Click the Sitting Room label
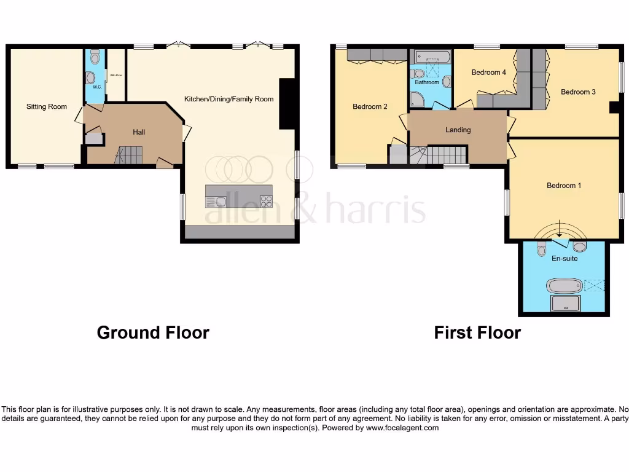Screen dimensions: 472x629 pyautogui.click(x=46, y=107)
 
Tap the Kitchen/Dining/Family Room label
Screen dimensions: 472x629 pyautogui.click(x=229, y=99)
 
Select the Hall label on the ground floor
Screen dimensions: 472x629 pyautogui.click(x=139, y=132)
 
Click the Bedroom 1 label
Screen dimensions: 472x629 pyautogui.click(x=564, y=186)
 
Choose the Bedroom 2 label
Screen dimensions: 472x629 pyautogui.click(x=370, y=107)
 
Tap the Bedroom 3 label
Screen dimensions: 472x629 pyautogui.click(x=578, y=92)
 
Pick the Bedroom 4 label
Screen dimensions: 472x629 pyautogui.click(x=488, y=73)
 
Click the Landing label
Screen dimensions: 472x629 pyautogui.click(x=458, y=130)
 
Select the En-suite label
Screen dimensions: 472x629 pyautogui.click(x=564, y=259)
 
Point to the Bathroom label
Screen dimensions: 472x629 pyautogui.click(x=427, y=82)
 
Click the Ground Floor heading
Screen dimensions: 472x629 pyautogui.click(x=153, y=333)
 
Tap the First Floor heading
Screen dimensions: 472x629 pyautogui.click(x=477, y=333)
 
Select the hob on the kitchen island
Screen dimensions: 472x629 pyautogui.click(x=266, y=201)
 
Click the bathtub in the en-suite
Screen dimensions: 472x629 pyautogui.click(x=563, y=285)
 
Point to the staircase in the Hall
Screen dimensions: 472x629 pyautogui.click(x=129, y=155)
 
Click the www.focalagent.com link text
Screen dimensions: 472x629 pyautogui.click(x=402, y=428)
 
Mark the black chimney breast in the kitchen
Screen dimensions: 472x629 pyautogui.click(x=287, y=103)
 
